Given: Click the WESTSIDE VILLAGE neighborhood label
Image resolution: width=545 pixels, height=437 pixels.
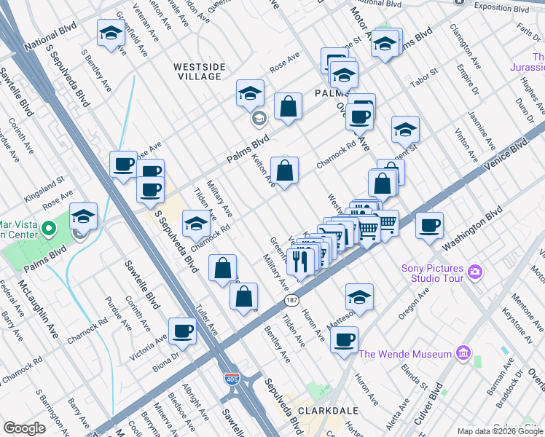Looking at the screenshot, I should pos(197,71).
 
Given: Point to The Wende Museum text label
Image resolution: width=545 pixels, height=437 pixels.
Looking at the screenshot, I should pos(406,354).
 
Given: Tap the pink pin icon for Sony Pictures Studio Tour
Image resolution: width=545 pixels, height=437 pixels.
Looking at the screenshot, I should pos(475,272).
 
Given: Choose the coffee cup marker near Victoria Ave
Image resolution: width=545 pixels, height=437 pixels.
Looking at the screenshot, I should pos(182,331).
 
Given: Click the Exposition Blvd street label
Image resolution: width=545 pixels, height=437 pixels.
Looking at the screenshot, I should pos(501,7).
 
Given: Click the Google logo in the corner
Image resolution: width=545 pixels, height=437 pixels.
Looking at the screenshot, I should pos(24,428).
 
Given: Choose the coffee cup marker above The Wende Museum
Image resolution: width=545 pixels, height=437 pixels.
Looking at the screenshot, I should pos(344,339).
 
